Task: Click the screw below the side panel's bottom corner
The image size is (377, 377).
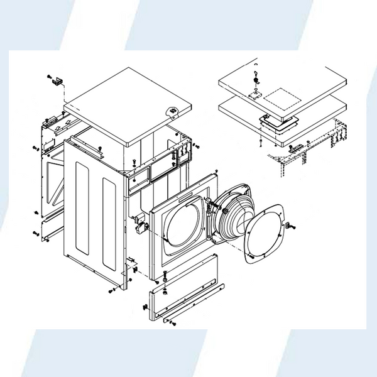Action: point(111,291)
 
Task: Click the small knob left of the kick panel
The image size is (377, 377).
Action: point(145,307)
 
